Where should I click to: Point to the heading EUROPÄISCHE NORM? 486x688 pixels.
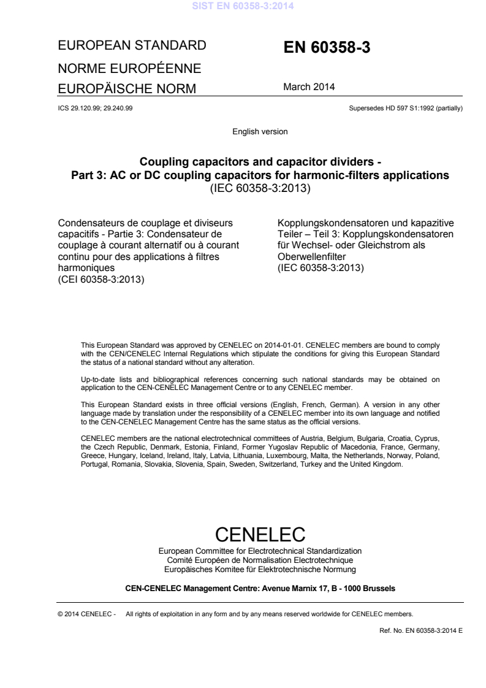[x=126, y=89]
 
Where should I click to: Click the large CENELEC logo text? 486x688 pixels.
[x=260, y=533]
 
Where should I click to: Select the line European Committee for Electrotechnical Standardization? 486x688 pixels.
[x=260, y=551]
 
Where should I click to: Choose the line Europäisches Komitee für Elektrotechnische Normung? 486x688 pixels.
[x=260, y=567]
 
